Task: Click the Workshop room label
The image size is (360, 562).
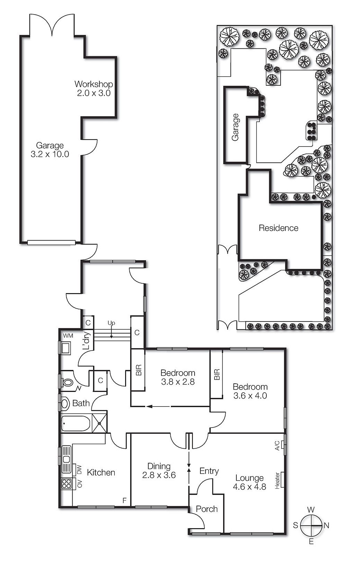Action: tap(94, 84)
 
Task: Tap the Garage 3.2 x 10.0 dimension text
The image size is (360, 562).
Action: tap(50, 154)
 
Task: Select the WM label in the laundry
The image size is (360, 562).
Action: tap(68, 336)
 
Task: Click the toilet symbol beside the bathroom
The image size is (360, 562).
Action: tap(68, 382)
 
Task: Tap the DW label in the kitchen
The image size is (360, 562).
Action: tap(79, 470)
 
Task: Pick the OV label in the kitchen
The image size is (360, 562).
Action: tap(79, 483)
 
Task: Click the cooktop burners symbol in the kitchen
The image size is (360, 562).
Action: tap(66, 483)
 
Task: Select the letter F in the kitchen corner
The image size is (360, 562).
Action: tap(125, 500)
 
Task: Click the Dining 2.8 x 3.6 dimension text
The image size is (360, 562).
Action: tap(159, 475)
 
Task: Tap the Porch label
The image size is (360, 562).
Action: tap(207, 509)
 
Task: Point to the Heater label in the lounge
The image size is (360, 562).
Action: tap(277, 480)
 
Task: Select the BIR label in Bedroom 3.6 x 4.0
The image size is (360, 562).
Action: tap(217, 375)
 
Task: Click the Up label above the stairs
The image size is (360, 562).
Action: tap(111, 323)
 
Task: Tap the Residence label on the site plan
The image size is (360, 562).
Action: tap(278, 228)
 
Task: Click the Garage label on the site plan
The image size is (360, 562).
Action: tap(236, 127)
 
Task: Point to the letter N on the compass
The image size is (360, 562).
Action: tap(326, 526)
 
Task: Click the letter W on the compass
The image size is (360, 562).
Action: tap(311, 509)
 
